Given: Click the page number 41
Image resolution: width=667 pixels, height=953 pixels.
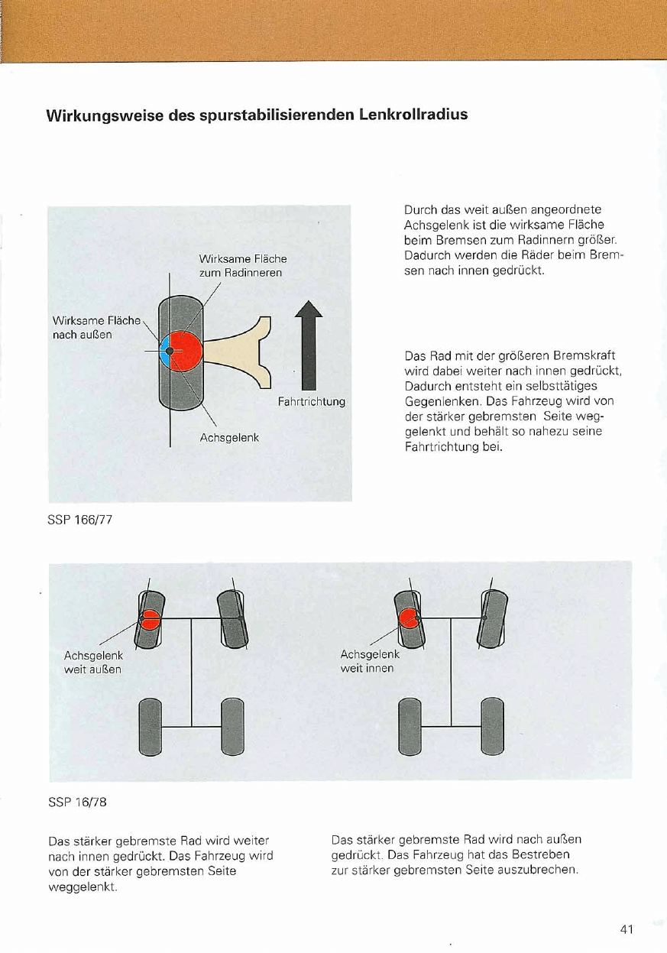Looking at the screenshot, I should coord(627,929).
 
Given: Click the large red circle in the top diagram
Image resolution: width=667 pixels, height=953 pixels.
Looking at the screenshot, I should coord(186,350).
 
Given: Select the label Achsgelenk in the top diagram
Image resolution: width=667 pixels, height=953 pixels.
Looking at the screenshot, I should coord(229,438).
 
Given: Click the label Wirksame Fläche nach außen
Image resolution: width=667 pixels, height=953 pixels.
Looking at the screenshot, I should coord(95,328).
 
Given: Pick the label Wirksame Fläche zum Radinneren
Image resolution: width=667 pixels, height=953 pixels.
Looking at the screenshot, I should coord(242,265).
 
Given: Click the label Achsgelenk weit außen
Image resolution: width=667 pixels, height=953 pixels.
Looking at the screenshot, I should coord(92,662).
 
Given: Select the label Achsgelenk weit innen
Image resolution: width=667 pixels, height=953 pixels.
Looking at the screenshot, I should coord(368,661).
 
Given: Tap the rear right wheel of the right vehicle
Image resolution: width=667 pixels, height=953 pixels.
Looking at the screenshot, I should coord(492,725).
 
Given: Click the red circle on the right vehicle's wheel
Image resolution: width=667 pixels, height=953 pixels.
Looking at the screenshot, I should coord(410,618).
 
